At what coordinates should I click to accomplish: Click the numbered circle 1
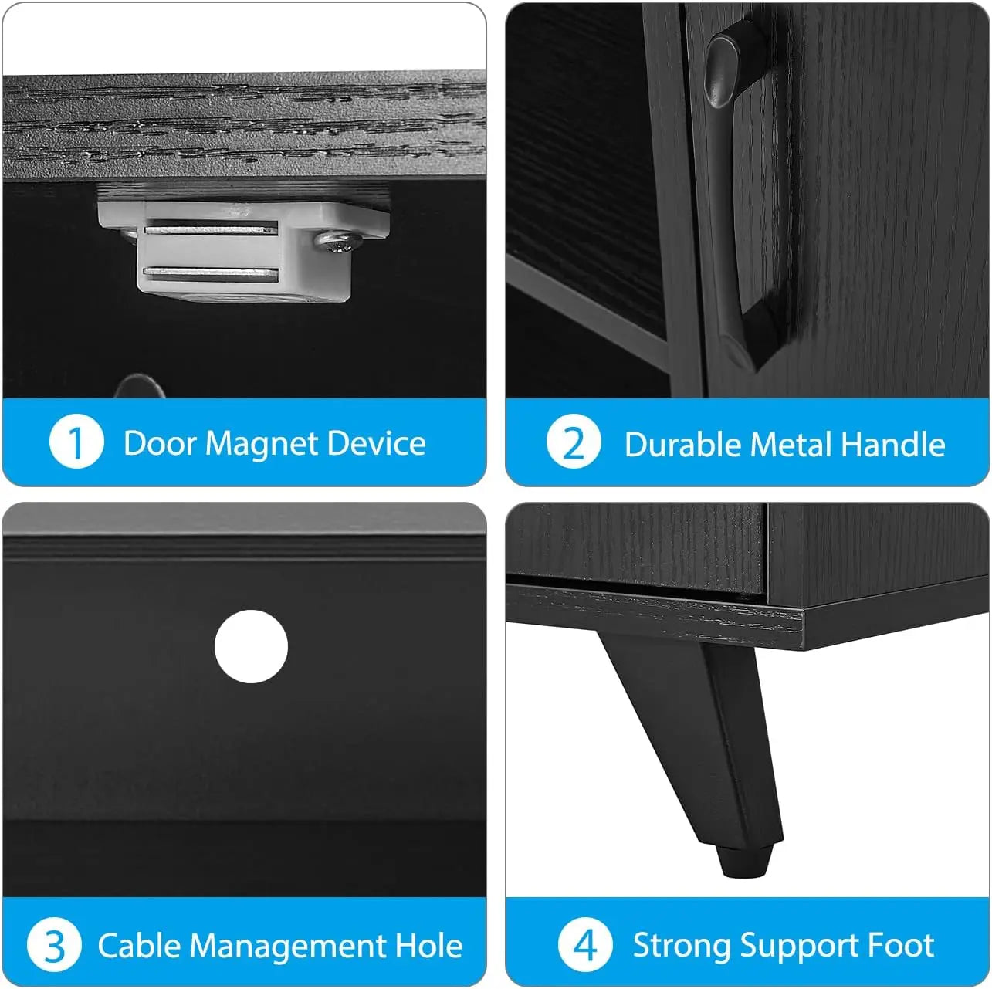click(x=76, y=442)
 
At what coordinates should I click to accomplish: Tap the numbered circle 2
click(x=574, y=442)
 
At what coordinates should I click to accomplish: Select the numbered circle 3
click(x=54, y=945)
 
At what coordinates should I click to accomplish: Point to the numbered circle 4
click(x=585, y=945)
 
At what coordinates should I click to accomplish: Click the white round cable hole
click(x=251, y=647)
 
